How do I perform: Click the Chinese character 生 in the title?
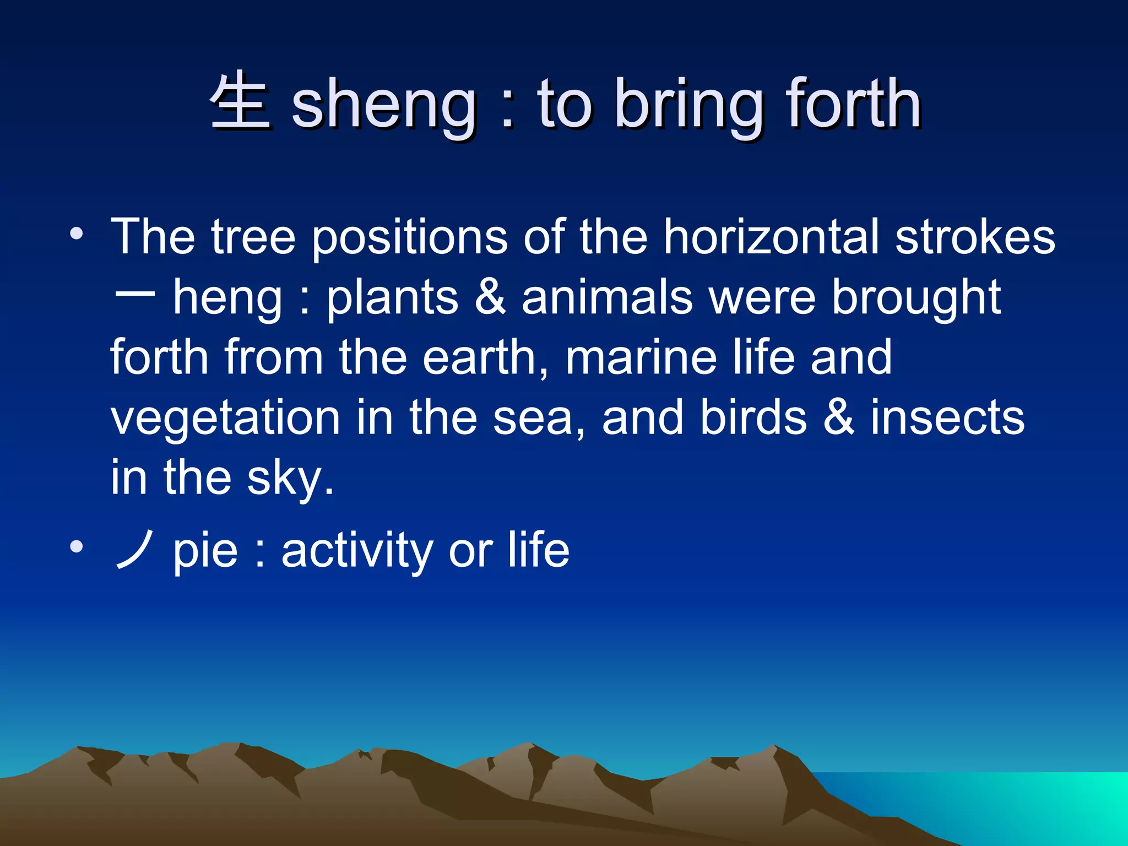240,102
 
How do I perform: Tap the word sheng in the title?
384,105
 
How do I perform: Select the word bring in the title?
688,105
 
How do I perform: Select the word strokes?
975,237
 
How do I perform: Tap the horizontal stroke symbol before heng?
134,295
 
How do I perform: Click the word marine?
641,358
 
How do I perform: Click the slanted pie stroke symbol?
134,550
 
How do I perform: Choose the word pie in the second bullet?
205,552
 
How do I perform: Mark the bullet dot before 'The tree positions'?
77,235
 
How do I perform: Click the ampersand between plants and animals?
490,297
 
